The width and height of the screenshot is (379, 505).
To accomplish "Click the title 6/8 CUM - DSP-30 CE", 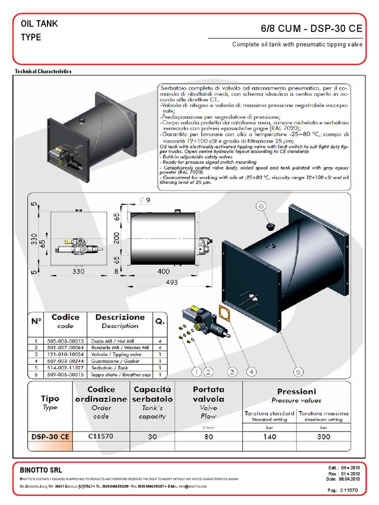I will click(311, 29).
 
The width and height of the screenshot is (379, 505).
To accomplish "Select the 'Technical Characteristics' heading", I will click(43, 72).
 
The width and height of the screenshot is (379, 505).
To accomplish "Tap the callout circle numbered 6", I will click(262, 206).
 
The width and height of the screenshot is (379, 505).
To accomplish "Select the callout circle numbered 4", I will click(251, 371).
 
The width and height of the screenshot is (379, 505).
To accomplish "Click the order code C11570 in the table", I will click(101, 436).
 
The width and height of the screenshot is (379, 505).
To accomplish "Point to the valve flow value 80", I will click(209, 436).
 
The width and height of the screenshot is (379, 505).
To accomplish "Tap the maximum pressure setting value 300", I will click(323, 436).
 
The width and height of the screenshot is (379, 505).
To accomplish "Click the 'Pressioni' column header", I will click(296, 391).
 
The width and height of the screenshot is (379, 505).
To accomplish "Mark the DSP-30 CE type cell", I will click(50, 436).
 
